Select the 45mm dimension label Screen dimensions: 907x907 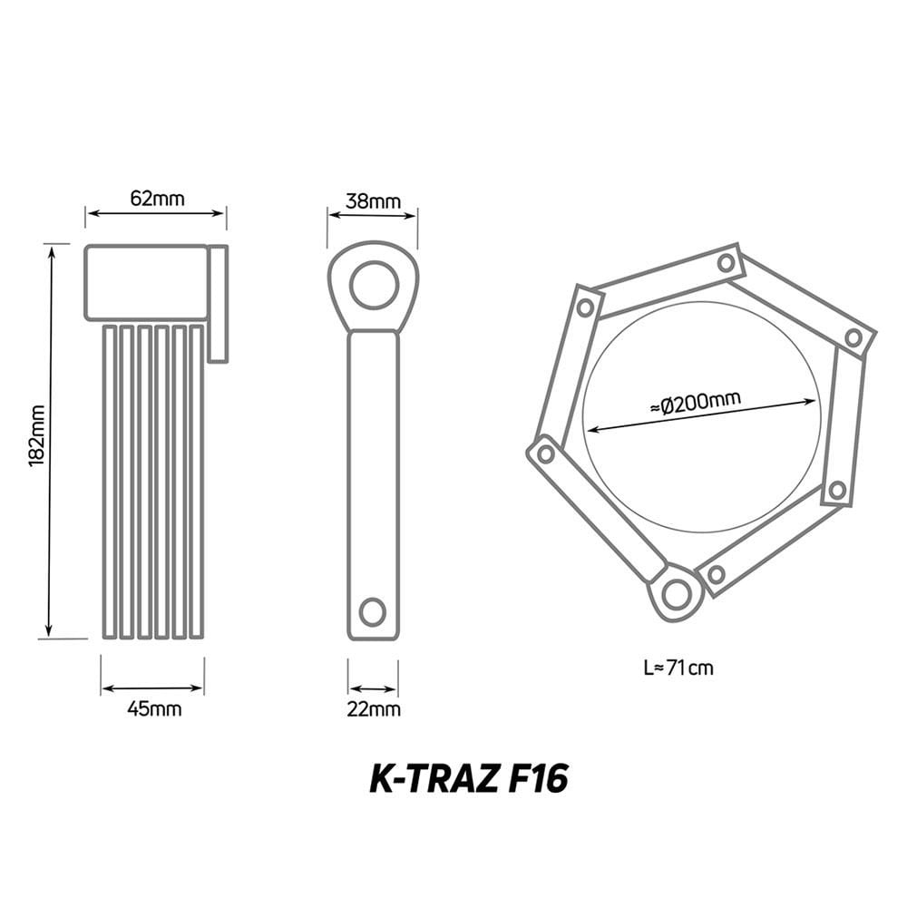point(154,709)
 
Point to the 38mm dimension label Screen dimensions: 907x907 point(373,201)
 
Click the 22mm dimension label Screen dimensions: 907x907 point(373,709)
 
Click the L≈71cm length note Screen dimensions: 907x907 point(678,668)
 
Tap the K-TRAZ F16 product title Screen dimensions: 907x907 point(469,780)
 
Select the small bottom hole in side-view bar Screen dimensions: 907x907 point(372,611)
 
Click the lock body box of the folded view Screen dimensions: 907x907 point(147,282)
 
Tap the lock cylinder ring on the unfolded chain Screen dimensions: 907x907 point(675,594)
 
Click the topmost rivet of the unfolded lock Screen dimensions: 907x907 point(726,263)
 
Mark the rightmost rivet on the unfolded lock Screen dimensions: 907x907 point(853,337)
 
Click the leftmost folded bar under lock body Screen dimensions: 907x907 point(110,482)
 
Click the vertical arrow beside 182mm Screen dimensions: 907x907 point(51,440)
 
